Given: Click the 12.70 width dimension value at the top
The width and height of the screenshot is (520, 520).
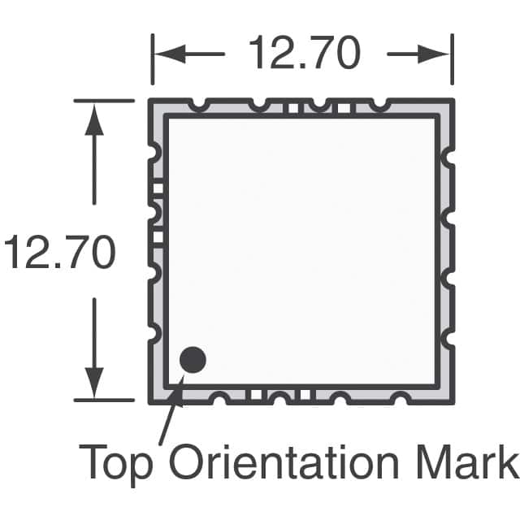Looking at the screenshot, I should click(303, 54).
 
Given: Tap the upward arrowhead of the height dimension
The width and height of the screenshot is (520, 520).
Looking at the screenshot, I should click(96, 118).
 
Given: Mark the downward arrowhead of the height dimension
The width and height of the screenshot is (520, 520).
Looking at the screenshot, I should click(96, 382).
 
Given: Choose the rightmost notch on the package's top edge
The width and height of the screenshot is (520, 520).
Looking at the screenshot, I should click(379, 105).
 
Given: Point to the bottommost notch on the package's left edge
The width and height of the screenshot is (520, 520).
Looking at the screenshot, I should click(154, 331).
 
